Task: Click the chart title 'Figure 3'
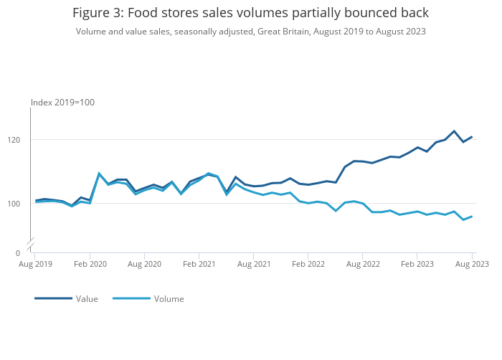250,13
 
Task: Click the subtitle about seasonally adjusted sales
250,32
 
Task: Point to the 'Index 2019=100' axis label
62,103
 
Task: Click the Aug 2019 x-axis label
35,264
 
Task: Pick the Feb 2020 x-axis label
90,264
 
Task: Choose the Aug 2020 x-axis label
144,264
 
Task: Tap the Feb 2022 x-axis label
308,264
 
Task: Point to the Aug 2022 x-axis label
362,264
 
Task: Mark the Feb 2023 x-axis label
417,264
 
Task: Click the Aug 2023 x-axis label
472,264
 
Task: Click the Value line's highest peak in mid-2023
454,131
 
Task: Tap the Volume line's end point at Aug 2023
472,216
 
